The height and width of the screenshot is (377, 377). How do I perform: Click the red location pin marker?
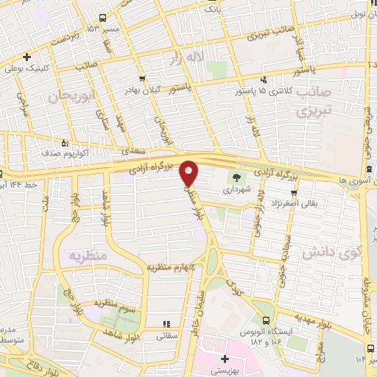[x=189, y=172]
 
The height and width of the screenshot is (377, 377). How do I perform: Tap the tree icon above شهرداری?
[x=236, y=177]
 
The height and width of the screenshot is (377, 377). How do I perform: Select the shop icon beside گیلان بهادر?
[x=141, y=77]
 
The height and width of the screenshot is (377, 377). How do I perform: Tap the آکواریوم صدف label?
[x=39, y=155]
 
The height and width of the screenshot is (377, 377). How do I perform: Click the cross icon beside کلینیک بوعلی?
[x=27, y=57]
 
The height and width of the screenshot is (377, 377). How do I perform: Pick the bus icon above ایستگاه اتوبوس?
[x=266, y=320]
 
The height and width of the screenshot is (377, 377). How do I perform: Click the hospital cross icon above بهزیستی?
[x=225, y=359]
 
